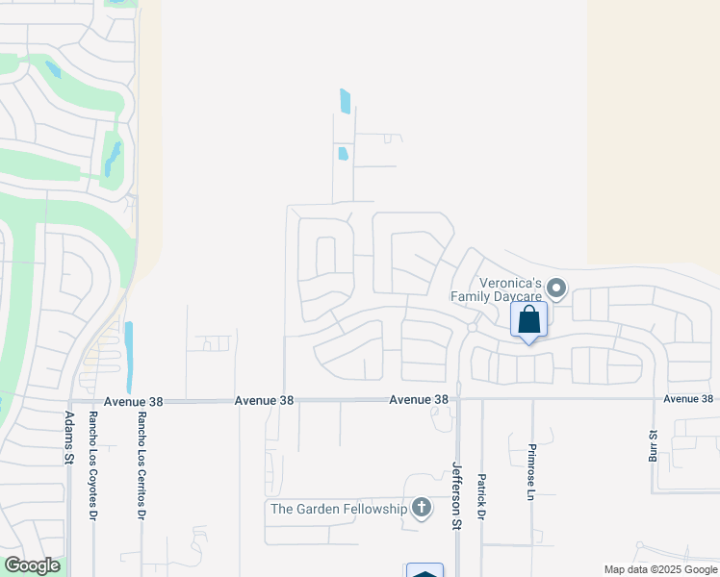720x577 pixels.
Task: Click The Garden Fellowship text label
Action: click(x=339, y=509)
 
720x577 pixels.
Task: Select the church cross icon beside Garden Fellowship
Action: click(x=421, y=507)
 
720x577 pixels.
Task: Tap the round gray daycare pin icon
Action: click(x=557, y=288)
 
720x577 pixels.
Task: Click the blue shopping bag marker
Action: click(x=529, y=320)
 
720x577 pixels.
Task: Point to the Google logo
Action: click(x=32, y=565)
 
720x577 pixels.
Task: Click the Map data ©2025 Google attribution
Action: click(x=660, y=569)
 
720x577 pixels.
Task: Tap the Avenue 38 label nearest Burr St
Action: click(x=688, y=399)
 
